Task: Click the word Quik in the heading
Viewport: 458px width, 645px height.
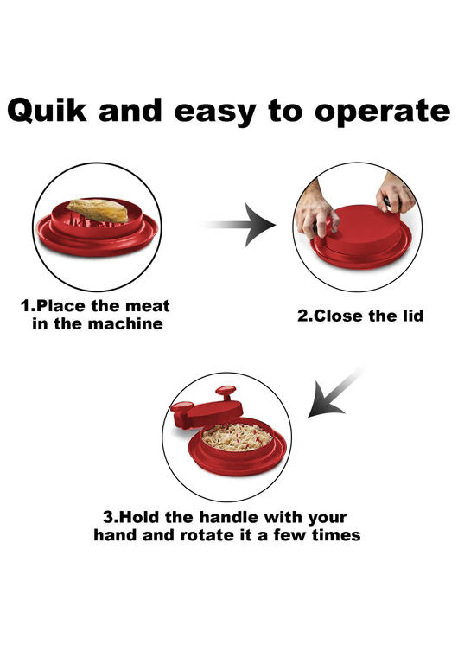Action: point(48,111)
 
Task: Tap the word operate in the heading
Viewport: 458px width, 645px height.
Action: point(382,112)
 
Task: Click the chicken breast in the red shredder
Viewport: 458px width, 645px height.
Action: point(98,210)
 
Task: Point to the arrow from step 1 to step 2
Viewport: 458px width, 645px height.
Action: point(239,225)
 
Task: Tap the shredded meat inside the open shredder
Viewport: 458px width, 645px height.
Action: point(238,437)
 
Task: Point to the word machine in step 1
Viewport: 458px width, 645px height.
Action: point(125,323)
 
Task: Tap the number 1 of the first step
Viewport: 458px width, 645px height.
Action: point(26,306)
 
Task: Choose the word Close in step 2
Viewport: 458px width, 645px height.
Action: point(338,316)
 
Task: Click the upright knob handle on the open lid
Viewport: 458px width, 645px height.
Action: point(226,394)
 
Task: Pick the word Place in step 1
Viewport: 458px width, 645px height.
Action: point(61,306)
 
